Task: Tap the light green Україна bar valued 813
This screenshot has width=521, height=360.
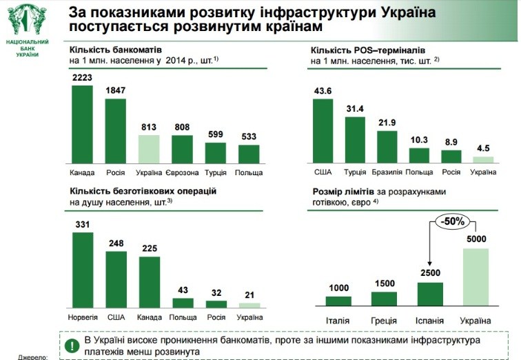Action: [x=149, y=148]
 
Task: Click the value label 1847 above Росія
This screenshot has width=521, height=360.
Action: [x=115, y=91]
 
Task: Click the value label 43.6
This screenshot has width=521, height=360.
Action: [x=323, y=91]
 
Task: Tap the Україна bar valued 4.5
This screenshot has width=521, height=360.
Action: [x=483, y=159]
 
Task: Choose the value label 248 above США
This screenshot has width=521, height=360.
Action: [x=115, y=243]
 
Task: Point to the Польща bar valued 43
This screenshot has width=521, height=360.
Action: [x=182, y=302]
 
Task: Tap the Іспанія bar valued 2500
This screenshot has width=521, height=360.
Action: [x=430, y=294]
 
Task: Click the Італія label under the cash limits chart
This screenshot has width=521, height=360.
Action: [x=338, y=321]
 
